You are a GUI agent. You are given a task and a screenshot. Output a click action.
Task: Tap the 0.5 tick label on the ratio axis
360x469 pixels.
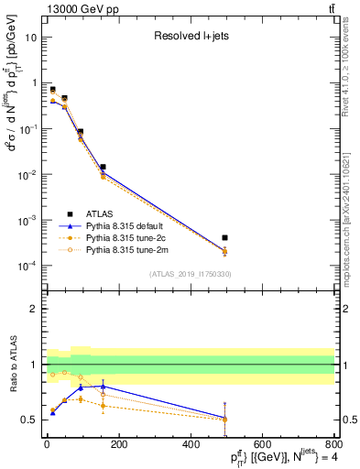pos(29,420)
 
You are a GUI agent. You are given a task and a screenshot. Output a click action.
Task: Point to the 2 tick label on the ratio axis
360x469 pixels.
pos(34,309)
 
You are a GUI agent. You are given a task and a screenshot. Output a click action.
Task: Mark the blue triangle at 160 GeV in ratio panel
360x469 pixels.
pos(104,387)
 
